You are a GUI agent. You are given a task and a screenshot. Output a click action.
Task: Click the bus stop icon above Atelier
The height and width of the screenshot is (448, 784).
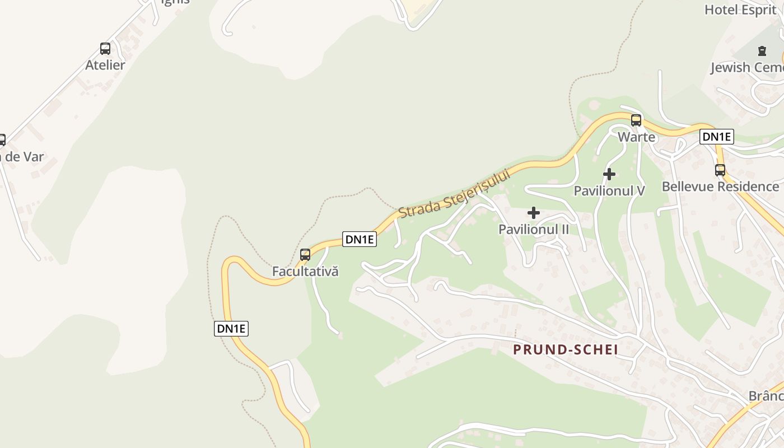pyautogui.click(x=105, y=48)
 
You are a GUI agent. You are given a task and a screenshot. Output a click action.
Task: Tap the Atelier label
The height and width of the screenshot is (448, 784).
pyautogui.click(x=105, y=65)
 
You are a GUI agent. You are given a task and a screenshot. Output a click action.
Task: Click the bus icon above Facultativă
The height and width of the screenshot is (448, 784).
pyautogui.click(x=305, y=255)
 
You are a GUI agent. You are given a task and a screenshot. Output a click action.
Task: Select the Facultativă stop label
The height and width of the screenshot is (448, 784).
pyautogui.click(x=305, y=272)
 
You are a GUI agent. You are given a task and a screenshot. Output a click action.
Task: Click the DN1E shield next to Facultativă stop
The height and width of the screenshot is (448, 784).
pyautogui.click(x=360, y=239)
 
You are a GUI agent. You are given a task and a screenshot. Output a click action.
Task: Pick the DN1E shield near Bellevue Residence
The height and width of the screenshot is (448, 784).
pyautogui.click(x=717, y=137)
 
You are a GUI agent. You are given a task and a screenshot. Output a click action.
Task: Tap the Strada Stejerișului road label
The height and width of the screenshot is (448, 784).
pyautogui.click(x=455, y=194)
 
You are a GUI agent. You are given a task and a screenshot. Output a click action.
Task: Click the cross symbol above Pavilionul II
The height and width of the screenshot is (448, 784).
pyautogui.click(x=534, y=213)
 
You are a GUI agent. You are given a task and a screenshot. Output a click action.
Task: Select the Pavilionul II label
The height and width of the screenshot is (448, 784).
pyautogui.click(x=534, y=230)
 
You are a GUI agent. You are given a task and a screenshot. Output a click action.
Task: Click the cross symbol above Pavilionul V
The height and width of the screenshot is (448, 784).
pyautogui.click(x=609, y=174)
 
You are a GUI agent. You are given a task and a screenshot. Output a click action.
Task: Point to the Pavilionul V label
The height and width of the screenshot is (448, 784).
pyautogui.click(x=609, y=191)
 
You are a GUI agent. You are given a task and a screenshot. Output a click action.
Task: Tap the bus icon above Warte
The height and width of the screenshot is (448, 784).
pyautogui.click(x=636, y=120)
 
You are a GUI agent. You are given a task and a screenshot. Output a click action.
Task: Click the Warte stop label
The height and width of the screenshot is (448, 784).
pyautogui.click(x=636, y=137)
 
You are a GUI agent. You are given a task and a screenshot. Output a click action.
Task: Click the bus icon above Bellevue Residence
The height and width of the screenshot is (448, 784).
pyautogui.click(x=720, y=170)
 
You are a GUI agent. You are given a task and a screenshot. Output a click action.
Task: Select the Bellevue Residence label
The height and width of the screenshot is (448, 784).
pyautogui.click(x=720, y=186)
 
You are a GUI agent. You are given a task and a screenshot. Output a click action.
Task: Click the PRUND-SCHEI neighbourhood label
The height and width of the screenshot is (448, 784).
pyautogui.click(x=566, y=350)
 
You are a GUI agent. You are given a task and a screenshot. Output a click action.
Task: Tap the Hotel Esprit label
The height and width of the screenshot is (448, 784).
pyautogui.click(x=740, y=10)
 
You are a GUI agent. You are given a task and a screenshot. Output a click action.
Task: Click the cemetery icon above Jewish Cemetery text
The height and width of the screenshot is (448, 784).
pyautogui.click(x=762, y=51)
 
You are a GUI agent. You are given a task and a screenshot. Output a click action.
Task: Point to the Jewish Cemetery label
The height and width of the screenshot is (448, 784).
pyautogui.click(x=747, y=68)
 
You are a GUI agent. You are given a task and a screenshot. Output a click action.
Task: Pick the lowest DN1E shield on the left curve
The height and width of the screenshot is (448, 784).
pyautogui.click(x=231, y=329)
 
